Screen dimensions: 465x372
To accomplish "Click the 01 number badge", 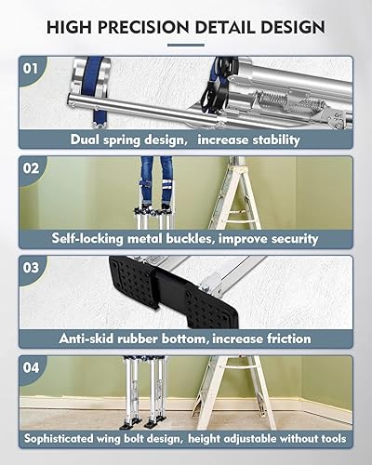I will [x=31, y=69].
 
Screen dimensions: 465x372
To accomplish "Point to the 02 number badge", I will [x=31, y=168].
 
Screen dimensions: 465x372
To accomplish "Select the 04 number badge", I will [x=31, y=368].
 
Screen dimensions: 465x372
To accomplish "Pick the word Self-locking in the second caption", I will [x=93, y=239].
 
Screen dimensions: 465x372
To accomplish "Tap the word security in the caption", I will [x=292, y=239].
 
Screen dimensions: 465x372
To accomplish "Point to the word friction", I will [x=282, y=339].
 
